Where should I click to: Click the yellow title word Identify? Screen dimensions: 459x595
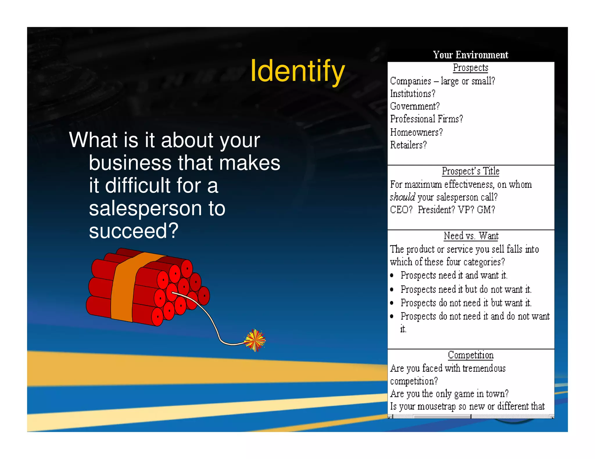coord(297,71)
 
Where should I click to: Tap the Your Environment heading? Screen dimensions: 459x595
coord(470,55)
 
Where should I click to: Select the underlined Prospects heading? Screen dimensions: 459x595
coord(470,68)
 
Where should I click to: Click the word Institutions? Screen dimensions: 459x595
coord(413,94)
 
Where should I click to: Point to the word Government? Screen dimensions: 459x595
coord(415,106)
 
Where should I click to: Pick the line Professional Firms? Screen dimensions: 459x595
coord(426,119)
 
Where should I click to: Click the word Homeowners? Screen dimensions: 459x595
coord(416,132)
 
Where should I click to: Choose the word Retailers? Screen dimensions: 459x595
coord(408,145)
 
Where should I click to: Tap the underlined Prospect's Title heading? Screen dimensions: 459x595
coord(470,171)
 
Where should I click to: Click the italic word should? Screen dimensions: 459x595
coord(402,197)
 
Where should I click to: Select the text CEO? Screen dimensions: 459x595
coord(401,210)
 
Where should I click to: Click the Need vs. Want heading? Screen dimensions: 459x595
coord(471,236)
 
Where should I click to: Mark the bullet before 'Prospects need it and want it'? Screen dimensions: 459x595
coord(392,275)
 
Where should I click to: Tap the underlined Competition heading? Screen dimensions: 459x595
coord(470,355)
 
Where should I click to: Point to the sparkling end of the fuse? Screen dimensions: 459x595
coord(255,340)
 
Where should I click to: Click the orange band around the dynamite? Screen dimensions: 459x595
coord(123,290)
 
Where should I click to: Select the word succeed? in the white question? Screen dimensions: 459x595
coord(133,231)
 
